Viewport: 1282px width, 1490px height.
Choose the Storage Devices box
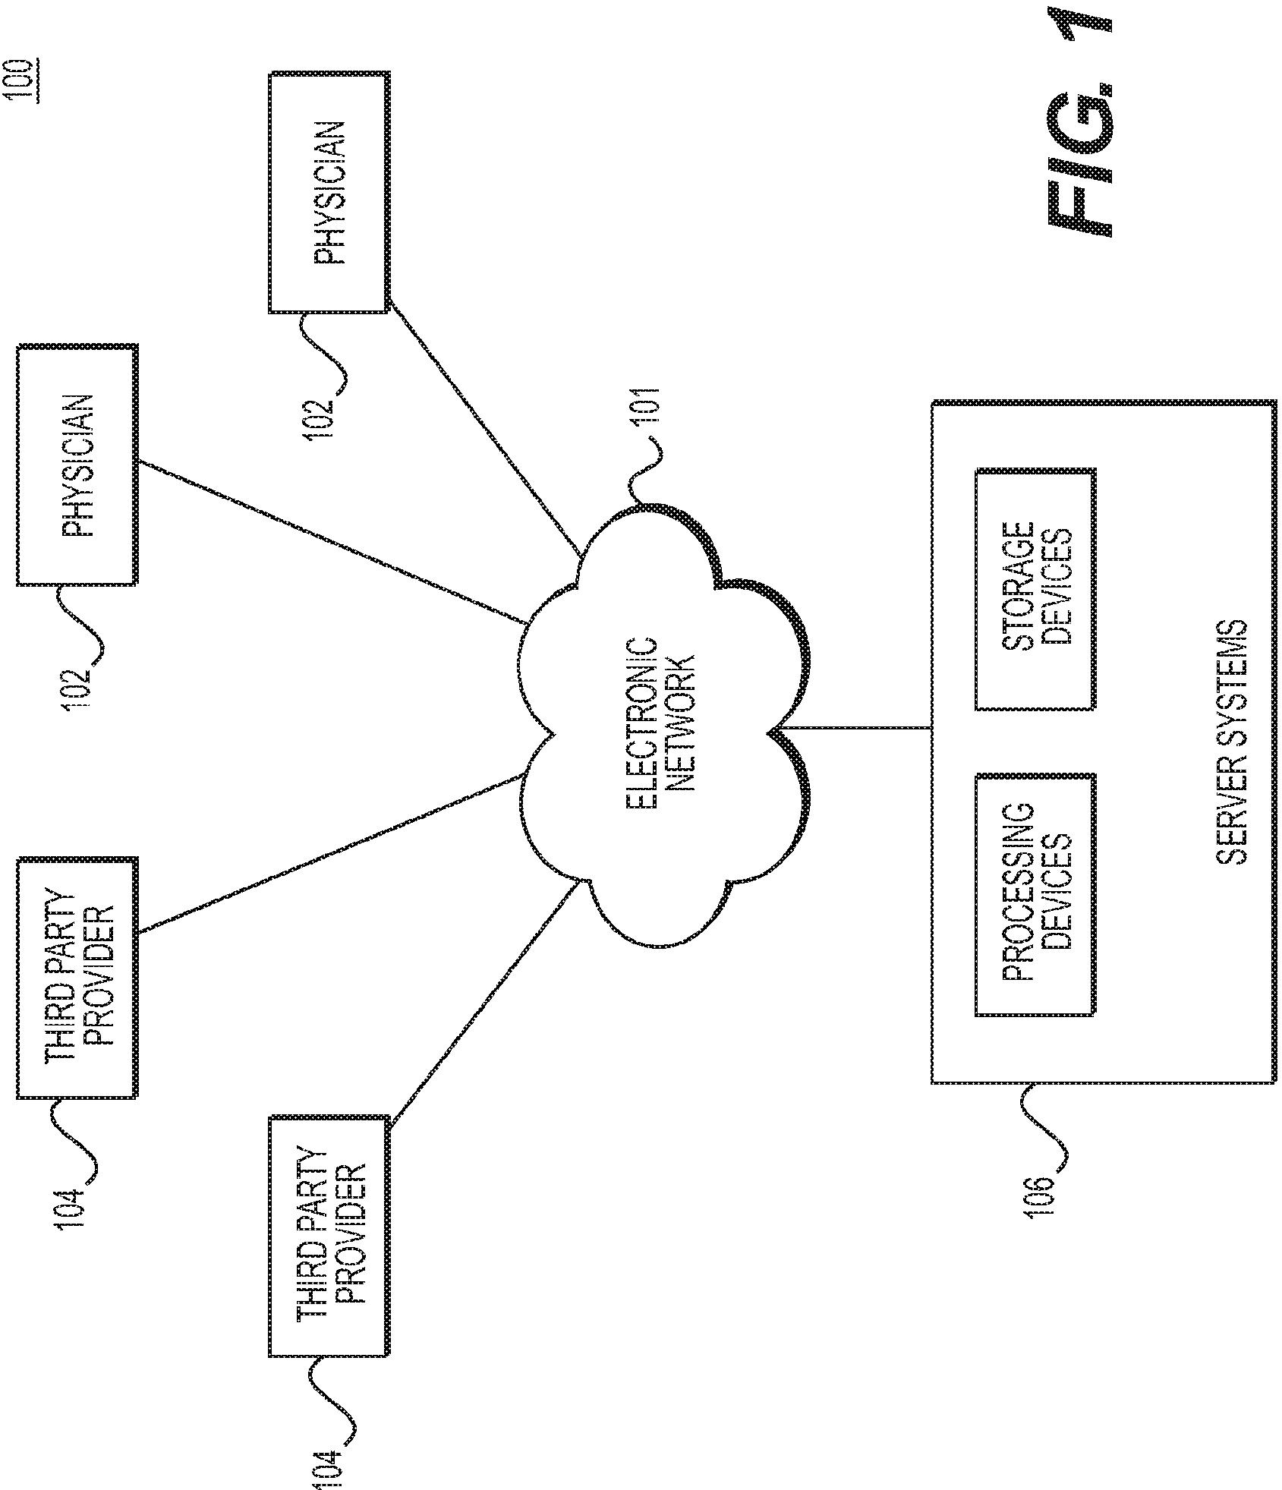click(x=1035, y=589)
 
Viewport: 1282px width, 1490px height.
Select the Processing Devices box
click(x=1035, y=894)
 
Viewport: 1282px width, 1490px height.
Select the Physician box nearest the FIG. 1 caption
click(x=329, y=192)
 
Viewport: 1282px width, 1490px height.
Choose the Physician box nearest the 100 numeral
click(x=77, y=465)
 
